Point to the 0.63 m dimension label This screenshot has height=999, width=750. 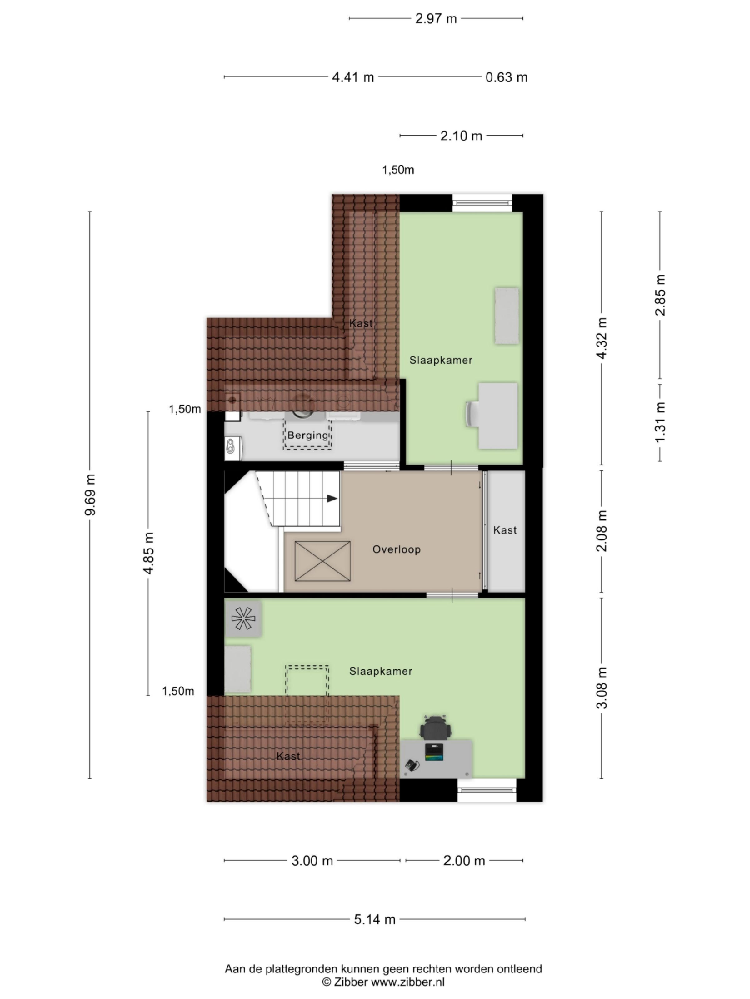tap(506, 78)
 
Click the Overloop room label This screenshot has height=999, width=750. tap(397, 550)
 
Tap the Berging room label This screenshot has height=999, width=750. tap(308, 436)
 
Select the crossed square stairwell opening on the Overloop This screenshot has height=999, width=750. tap(322, 561)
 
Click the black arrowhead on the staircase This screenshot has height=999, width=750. tap(332, 499)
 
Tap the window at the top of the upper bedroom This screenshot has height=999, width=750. tap(482, 203)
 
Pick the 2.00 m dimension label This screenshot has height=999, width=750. tap(464, 861)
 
